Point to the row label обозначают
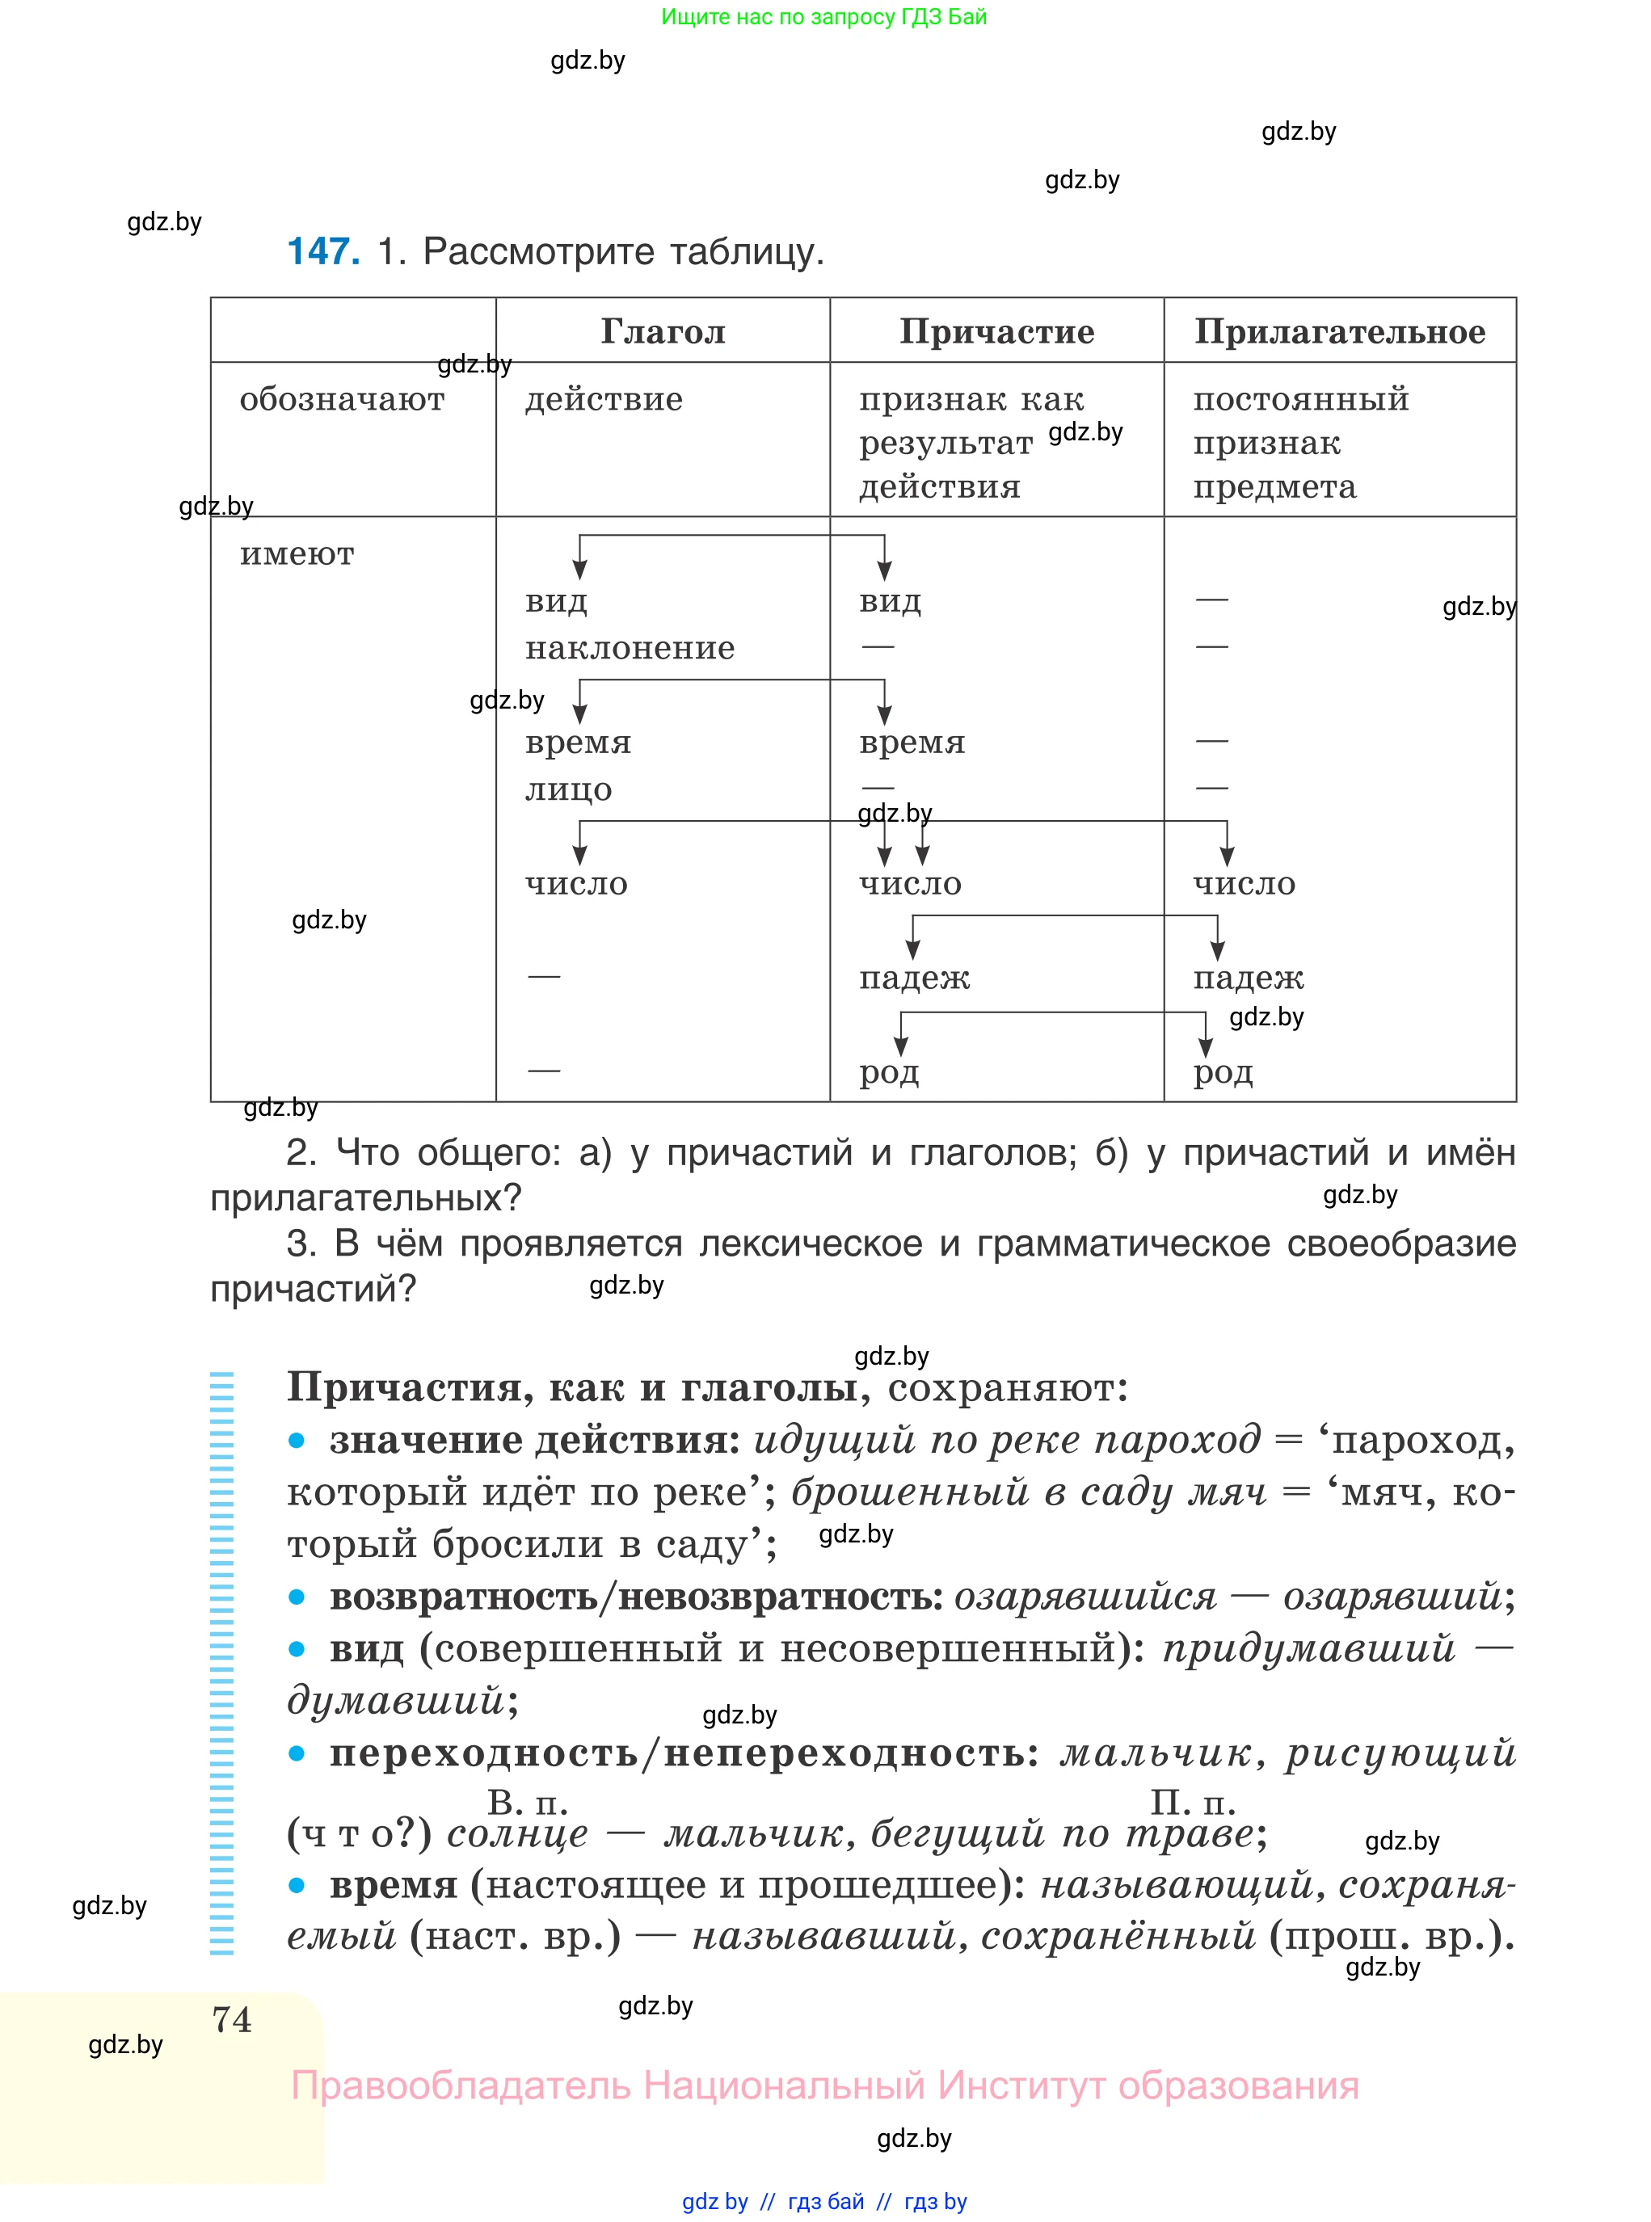tap(342, 400)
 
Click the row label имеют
tap(297, 553)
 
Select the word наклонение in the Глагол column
tap(630, 648)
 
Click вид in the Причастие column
tap(890, 601)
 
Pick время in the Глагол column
tap(578, 743)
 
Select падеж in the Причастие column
tap(913, 977)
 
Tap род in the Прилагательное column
tap(1222, 1072)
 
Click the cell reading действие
tap(604, 400)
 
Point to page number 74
tap(232, 2019)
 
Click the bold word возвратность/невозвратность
tap(636, 1597)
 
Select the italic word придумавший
tap(1308, 1648)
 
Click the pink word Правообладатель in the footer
tap(460, 2085)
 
